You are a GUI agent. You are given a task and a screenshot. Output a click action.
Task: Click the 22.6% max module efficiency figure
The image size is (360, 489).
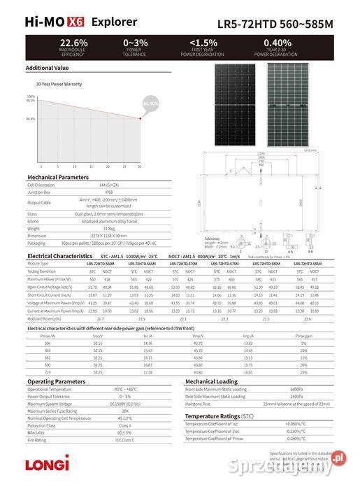pos(73,43)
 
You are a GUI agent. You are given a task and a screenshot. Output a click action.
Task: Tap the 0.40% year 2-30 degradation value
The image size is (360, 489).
pos(278,43)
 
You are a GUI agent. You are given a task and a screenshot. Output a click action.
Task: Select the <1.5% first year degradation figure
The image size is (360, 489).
pos(203,43)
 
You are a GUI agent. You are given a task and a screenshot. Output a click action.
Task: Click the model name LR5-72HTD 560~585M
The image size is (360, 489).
pos(285,23)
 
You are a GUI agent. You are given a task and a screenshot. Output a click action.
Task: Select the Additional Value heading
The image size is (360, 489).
pos(47,68)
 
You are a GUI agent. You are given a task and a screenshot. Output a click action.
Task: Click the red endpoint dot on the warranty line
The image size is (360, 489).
pos(140,118)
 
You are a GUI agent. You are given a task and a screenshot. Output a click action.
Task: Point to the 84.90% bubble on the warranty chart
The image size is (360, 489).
pos(150,104)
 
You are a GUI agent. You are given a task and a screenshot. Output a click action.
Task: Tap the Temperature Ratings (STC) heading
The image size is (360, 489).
pos(222,416)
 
